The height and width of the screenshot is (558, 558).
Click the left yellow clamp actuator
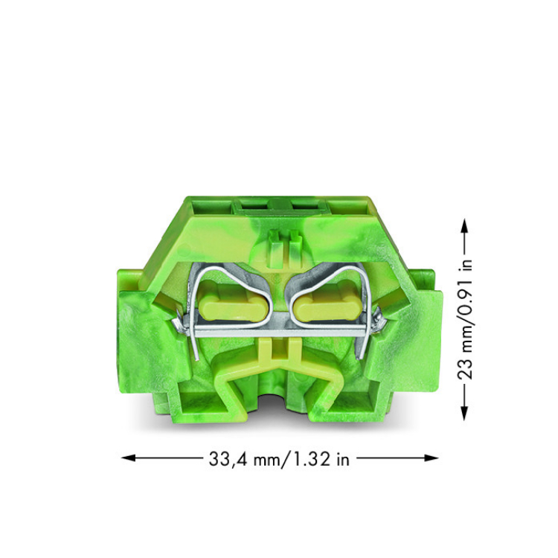coord(234,304)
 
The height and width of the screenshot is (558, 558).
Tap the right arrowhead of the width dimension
coord(431,458)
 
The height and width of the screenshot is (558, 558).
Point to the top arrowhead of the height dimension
coord(464,226)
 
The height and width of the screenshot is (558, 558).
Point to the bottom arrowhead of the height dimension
coord(464,413)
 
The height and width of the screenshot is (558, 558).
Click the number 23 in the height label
coord(464,367)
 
